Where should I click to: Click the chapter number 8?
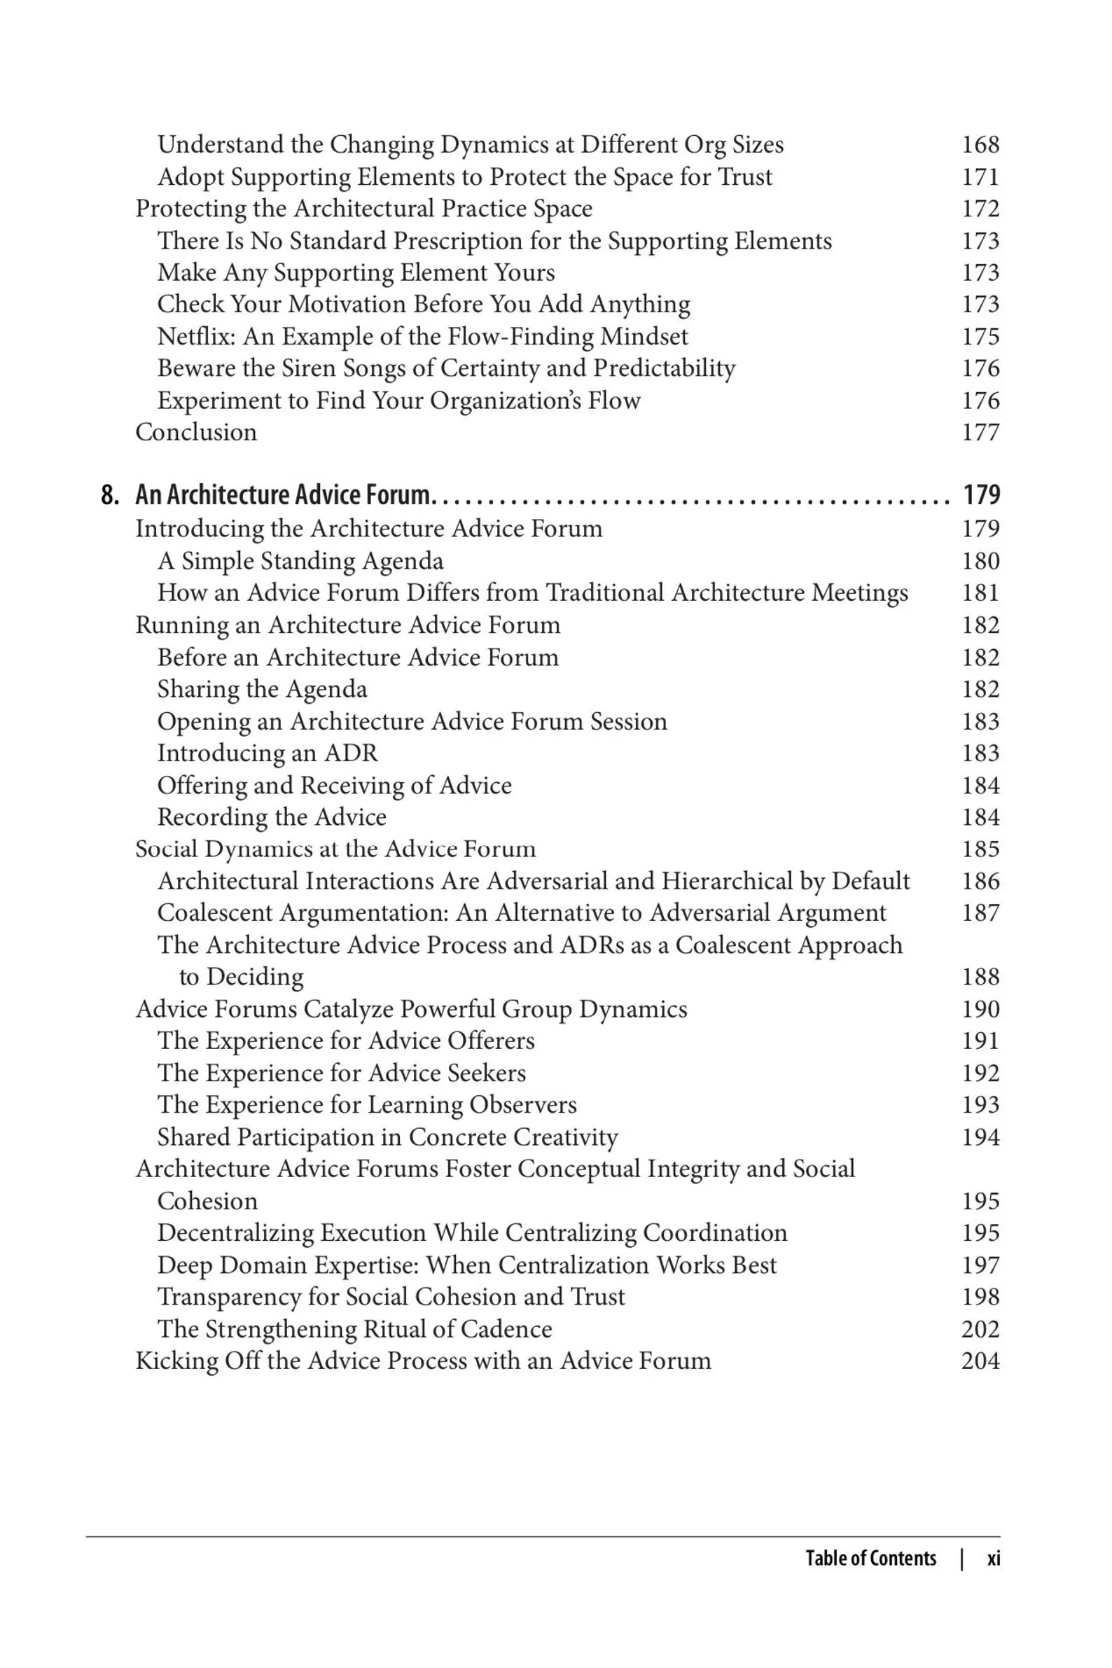(x=109, y=495)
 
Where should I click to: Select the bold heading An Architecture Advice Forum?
(x=282, y=495)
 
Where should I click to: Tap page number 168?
(x=980, y=145)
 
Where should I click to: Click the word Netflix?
(x=196, y=336)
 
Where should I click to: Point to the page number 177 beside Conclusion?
(x=980, y=432)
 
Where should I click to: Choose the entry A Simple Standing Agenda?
(x=300, y=561)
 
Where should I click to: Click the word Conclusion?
(x=196, y=432)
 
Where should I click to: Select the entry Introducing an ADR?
(x=267, y=753)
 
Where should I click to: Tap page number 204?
(x=980, y=1361)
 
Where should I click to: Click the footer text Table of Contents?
(x=870, y=1558)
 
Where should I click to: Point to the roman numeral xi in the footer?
(x=994, y=1558)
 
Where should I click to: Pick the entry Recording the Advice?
(x=272, y=817)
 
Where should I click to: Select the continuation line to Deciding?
(x=241, y=978)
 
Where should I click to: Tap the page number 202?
(x=980, y=1329)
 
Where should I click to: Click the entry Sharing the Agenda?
(x=262, y=689)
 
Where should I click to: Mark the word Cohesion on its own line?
(x=207, y=1202)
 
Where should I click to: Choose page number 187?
(x=980, y=912)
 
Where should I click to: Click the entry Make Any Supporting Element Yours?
(x=356, y=272)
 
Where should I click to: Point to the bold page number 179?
(x=982, y=495)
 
